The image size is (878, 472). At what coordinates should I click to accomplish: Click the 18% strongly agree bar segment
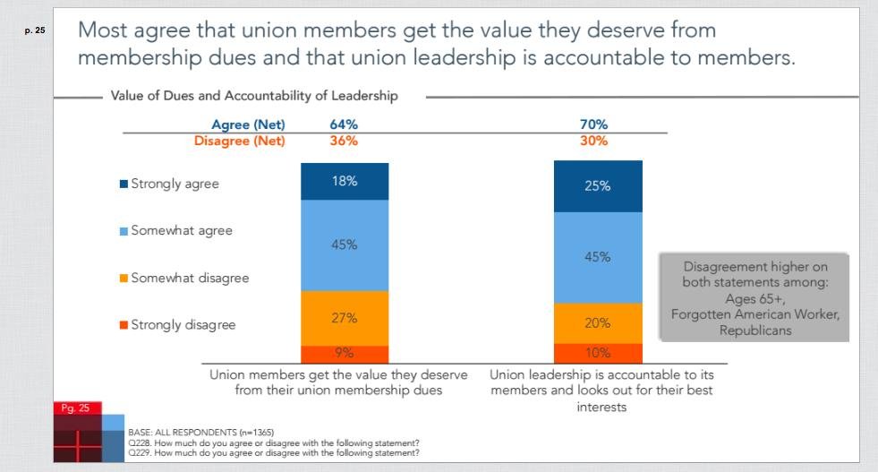(x=345, y=181)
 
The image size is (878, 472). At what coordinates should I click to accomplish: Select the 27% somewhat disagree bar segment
(x=345, y=318)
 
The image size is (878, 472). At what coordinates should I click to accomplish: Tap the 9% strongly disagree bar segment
(x=345, y=354)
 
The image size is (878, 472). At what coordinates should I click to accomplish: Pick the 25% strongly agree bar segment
(x=598, y=186)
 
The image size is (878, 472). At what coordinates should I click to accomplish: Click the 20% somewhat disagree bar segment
(x=598, y=323)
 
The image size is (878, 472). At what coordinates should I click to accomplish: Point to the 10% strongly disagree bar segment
(x=598, y=353)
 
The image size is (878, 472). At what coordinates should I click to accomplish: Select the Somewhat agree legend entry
(x=175, y=231)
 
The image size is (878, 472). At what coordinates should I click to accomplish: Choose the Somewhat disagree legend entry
(x=183, y=278)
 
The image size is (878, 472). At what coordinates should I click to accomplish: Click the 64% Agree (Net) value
(x=331, y=124)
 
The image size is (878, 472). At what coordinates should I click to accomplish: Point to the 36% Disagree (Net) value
(x=331, y=141)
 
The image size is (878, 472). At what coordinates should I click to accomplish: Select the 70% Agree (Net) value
(x=593, y=124)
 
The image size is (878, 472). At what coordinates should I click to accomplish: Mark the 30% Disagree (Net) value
(x=593, y=141)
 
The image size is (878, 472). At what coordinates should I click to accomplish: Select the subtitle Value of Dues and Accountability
(x=254, y=95)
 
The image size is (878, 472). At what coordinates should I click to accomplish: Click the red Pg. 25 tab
(x=76, y=408)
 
